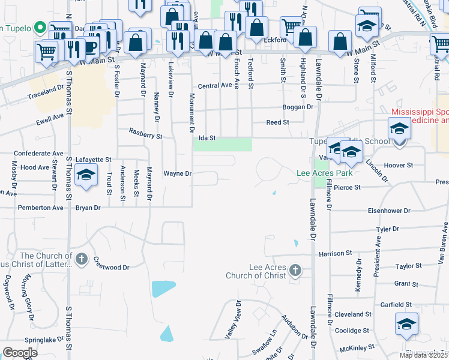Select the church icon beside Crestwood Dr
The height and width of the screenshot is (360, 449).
coord(82,260)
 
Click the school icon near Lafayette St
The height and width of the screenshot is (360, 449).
coord(86,175)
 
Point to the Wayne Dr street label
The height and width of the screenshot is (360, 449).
coord(177,173)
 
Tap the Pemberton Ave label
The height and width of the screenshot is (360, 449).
coord(40,208)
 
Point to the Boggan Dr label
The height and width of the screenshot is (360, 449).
coord(298,107)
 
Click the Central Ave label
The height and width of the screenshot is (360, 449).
coord(214,86)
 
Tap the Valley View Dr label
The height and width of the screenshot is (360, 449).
coord(233,320)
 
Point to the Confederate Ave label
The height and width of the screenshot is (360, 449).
coord(38,154)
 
